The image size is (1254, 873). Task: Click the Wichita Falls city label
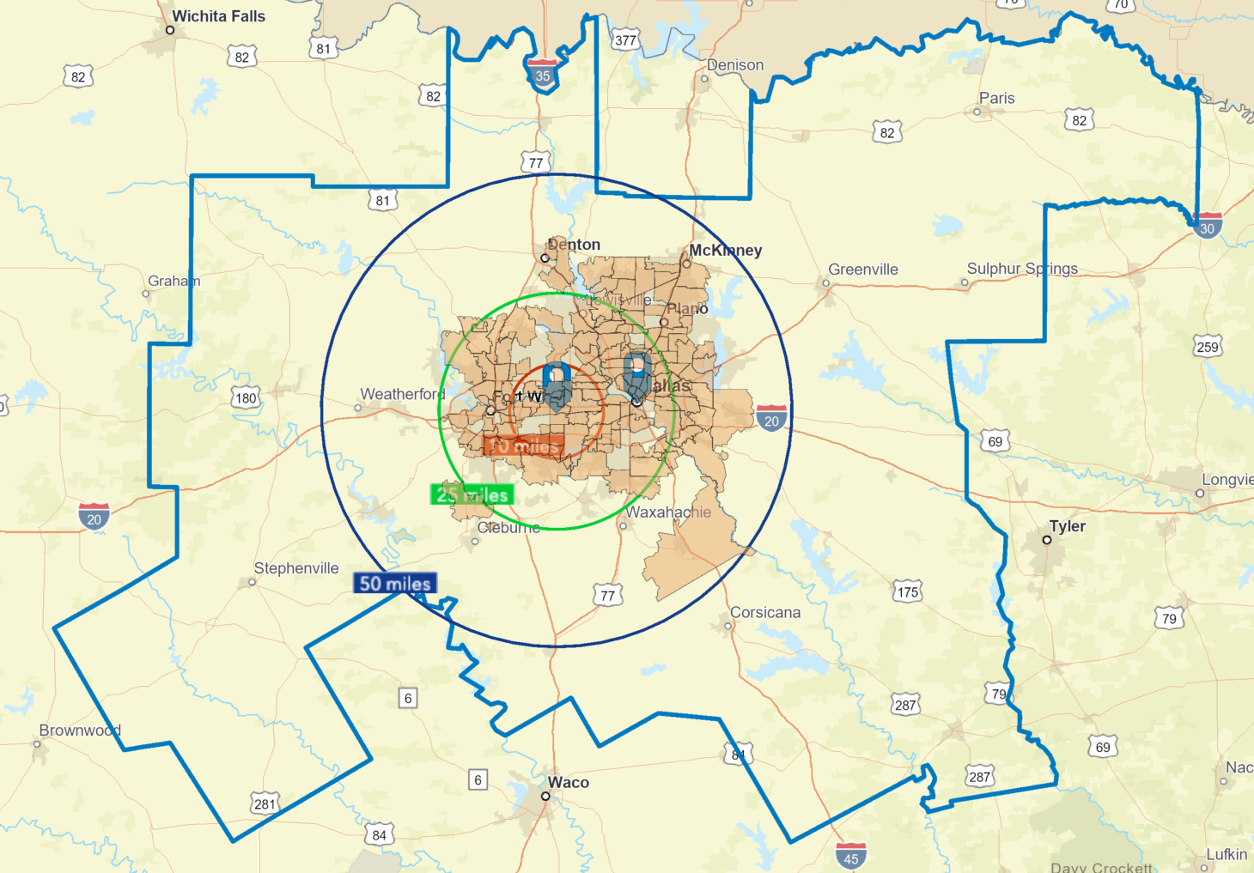point(218,16)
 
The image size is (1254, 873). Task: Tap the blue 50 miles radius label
point(395,584)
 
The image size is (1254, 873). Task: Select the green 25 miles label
point(472,494)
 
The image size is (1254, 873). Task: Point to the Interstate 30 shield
point(1208,227)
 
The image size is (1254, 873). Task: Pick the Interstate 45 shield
point(850,858)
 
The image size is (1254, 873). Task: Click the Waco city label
point(569,783)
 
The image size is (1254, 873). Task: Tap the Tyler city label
point(1068,526)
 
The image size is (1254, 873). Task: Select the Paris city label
point(997,99)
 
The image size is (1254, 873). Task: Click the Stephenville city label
point(296,568)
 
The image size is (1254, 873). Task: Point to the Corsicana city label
point(765,613)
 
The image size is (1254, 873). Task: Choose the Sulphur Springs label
point(1022,269)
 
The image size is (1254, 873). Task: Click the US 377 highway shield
point(625,40)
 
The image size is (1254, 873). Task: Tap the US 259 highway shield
point(1208,347)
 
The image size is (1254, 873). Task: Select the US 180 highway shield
point(247,397)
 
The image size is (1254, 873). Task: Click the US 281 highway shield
point(265,804)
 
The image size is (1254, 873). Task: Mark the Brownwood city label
point(80,731)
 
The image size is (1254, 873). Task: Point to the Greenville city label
point(863,270)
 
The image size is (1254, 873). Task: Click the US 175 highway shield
point(908,591)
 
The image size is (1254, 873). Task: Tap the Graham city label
point(173,281)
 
